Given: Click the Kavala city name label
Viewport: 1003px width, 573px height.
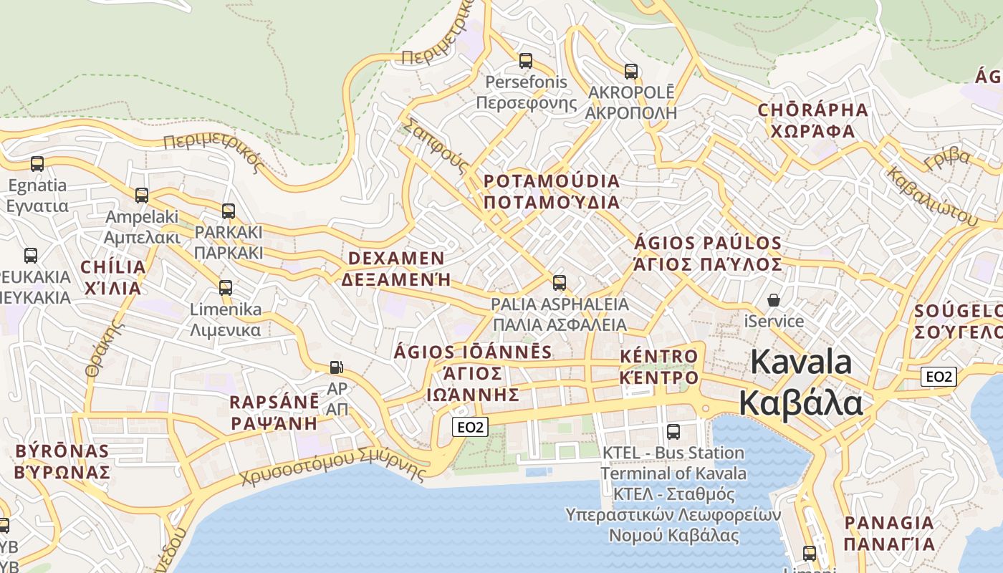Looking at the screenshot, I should point(801,382).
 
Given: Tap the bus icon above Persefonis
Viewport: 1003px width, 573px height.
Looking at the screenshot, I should point(526,61).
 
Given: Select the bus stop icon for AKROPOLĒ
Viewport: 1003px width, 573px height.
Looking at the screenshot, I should point(630,72).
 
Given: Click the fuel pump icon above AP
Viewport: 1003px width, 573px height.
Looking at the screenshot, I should point(336,367).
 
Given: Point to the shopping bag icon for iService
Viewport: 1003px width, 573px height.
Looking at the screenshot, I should point(774,299).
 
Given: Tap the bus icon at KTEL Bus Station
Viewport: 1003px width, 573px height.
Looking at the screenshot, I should point(673,431).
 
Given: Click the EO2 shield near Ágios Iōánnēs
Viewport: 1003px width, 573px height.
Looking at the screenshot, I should point(471,428).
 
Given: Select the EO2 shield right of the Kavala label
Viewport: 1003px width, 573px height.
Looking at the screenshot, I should point(939,377).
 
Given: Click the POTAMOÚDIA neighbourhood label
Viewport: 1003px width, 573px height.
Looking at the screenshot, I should point(551,191).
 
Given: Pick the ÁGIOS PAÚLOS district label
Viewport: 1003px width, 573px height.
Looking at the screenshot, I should point(708,254).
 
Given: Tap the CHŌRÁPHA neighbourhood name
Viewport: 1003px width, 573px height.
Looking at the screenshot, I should point(812,120).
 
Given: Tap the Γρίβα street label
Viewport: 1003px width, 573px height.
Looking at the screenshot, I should point(947,159).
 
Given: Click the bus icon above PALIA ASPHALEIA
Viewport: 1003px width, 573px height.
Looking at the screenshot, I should point(559,282).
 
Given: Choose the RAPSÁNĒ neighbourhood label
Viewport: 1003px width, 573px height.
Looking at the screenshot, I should point(274,412).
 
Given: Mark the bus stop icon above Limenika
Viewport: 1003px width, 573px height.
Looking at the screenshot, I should point(226,288).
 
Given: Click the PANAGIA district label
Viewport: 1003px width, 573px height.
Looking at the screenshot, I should point(888,533).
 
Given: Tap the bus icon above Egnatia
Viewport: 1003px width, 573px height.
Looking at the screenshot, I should point(37,164).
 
